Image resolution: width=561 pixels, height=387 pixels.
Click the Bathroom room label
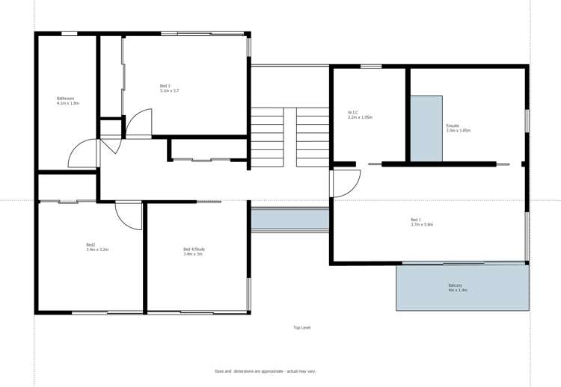(66, 98)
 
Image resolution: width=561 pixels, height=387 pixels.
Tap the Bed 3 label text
(165, 86)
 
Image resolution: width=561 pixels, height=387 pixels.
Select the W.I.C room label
(354, 113)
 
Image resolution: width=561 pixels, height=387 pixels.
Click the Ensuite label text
(453, 126)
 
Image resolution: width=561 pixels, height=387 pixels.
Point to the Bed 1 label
(415, 220)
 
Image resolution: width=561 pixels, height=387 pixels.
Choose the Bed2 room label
(91, 244)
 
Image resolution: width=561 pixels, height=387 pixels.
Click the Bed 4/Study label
(193, 249)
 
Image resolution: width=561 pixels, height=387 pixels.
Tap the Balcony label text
(456, 285)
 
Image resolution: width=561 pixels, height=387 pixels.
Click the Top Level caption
(301, 327)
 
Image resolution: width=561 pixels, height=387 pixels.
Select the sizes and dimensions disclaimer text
(265, 371)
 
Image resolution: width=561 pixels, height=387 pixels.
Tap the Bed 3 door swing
(139, 124)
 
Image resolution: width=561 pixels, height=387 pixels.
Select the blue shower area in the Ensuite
(426, 128)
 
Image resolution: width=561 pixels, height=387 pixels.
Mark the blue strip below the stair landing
(290, 218)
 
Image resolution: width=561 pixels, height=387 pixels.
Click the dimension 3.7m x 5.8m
(422, 224)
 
